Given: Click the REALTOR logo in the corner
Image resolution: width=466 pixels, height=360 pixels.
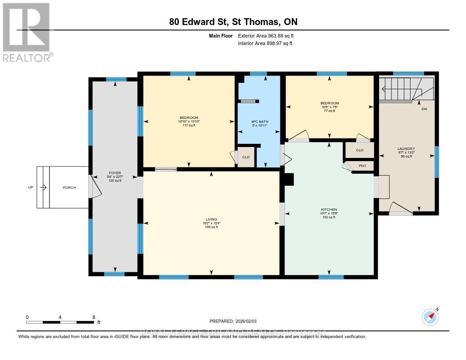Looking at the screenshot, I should (x=27, y=32).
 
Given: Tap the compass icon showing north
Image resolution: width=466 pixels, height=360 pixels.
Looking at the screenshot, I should (x=430, y=317).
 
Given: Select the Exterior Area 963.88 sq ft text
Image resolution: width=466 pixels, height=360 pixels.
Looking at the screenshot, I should (x=269, y=35).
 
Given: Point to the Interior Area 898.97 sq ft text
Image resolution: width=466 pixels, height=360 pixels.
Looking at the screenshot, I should (x=265, y=43).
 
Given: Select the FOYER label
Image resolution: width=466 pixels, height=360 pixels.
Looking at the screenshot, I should (x=114, y=173).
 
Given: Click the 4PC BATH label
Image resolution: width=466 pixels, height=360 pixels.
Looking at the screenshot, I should (x=258, y=122).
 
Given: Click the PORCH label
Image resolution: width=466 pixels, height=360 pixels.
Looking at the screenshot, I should (x=69, y=188).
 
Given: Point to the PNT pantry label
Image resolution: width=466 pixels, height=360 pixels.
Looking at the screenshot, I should (x=362, y=166).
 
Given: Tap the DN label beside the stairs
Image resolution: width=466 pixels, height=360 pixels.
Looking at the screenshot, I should (x=424, y=109).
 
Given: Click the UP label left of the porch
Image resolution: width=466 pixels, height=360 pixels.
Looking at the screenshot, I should (x=30, y=188).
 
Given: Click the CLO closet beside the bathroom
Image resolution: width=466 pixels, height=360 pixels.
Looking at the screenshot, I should (x=246, y=157).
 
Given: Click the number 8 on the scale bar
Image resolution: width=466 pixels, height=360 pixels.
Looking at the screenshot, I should (x=93, y=317).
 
